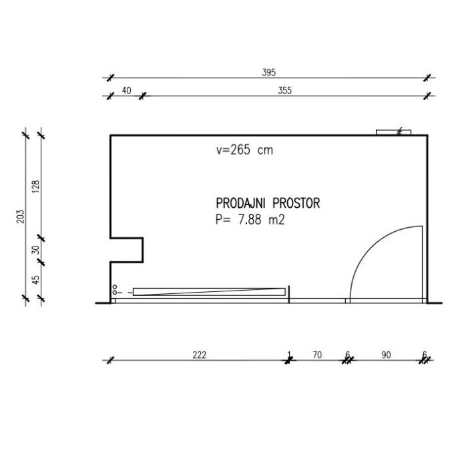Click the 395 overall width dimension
pos(269,72)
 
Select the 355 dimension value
pos(284,91)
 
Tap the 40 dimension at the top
pos(126,91)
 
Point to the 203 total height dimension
pos(20,216)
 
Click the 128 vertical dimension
pos(35,186)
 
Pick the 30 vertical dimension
pos(35,250)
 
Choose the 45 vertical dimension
pos(35,280)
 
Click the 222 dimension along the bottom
pos(199,355)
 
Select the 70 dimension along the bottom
pos(317,355)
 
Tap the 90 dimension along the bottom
pos(387,355)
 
